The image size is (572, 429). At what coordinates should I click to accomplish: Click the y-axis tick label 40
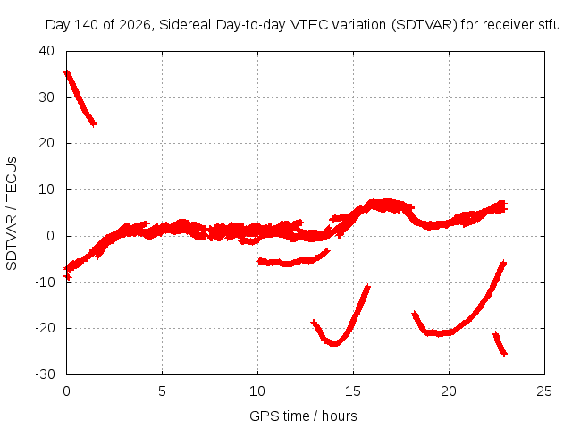46,51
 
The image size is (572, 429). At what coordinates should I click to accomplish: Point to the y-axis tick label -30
45,374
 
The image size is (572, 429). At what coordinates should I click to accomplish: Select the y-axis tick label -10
45,282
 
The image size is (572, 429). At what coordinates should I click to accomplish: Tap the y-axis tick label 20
46,143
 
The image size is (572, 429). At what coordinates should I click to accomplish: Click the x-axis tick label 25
544,391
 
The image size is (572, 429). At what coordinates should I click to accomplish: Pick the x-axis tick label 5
162,391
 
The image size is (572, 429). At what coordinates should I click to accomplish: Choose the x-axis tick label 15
353,391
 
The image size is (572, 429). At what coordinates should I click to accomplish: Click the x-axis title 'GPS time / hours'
303,416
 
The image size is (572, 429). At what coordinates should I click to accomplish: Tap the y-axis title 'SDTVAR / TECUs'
12,214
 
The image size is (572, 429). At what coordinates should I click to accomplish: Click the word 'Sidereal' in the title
185,25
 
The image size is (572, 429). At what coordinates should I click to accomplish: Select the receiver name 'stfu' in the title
549,25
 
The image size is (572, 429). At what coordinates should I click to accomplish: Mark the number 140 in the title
86,25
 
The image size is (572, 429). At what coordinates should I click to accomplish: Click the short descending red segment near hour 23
500,343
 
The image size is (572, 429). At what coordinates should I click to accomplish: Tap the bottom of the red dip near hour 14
334,343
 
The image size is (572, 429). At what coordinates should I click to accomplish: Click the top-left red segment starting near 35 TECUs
80,98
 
